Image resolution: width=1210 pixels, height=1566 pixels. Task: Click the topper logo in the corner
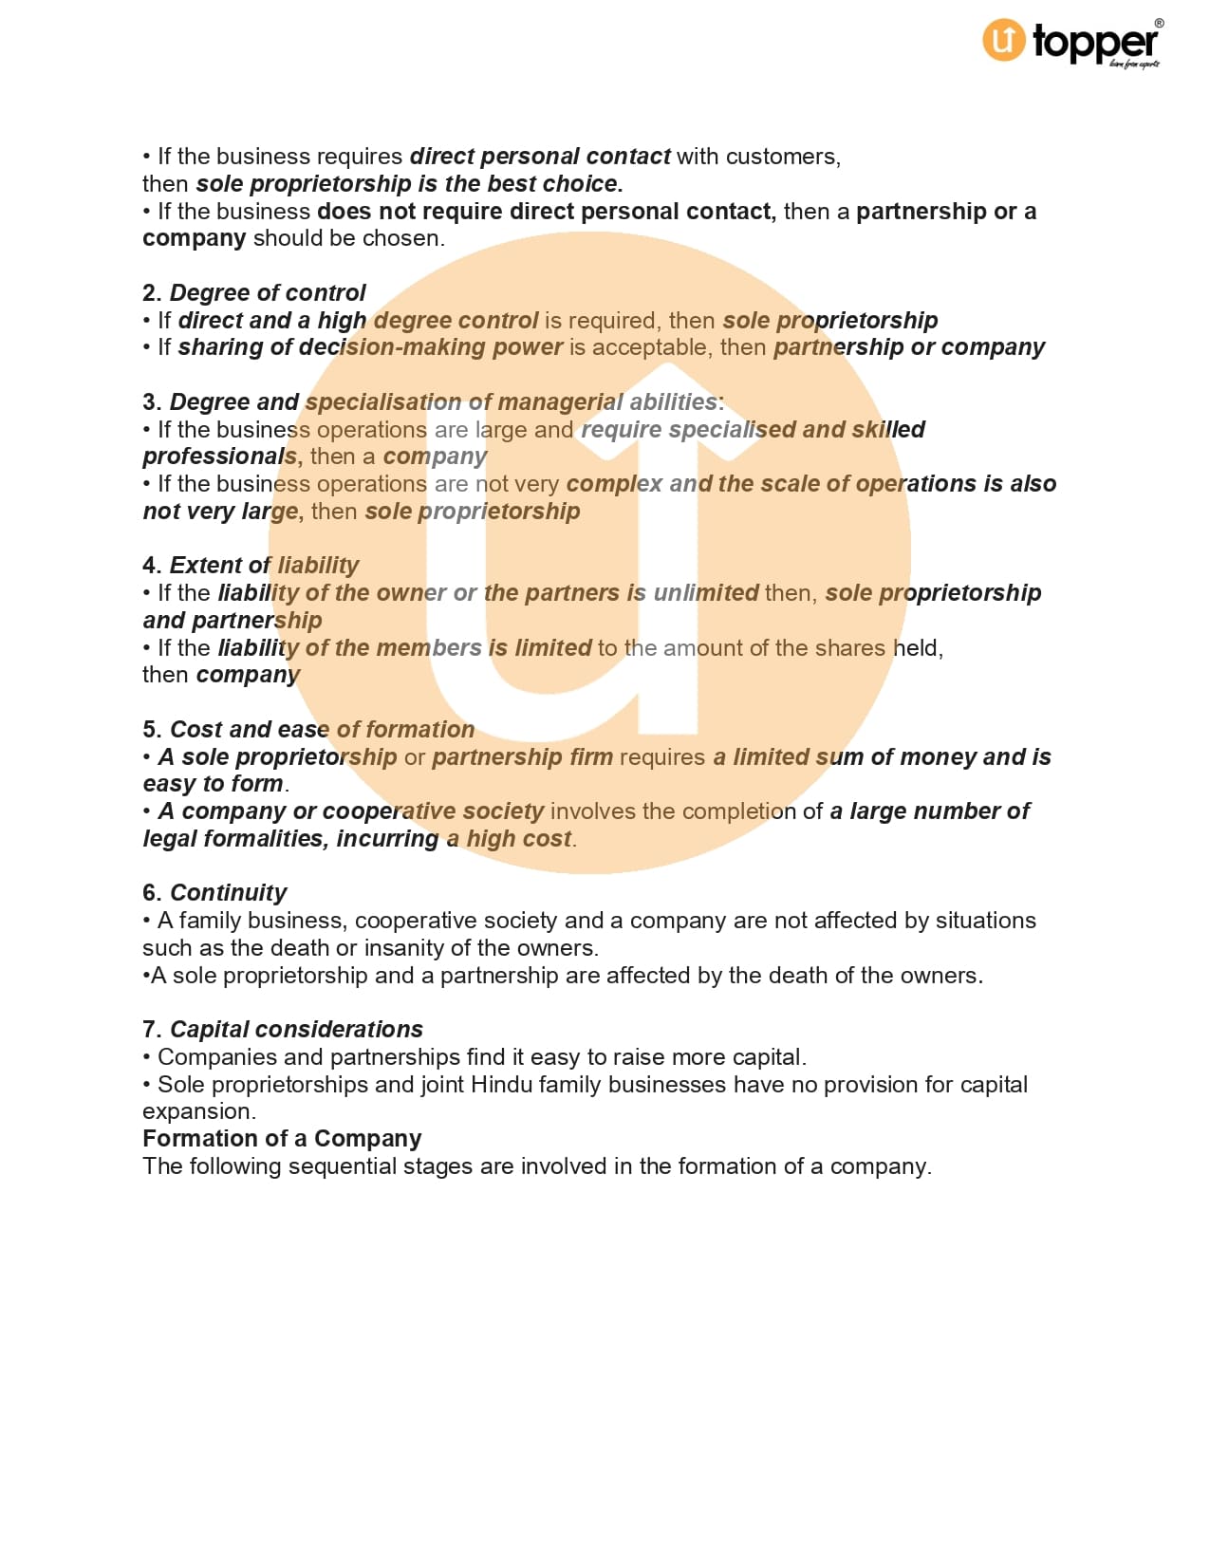pos(1070,43)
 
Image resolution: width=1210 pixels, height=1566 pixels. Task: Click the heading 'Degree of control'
pos(267,293)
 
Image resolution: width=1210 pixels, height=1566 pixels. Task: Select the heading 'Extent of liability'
pos(264,566)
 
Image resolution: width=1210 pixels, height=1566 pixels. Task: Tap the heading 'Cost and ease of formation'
pos(322,730)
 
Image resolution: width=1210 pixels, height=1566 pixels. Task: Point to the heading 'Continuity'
pos(228,893)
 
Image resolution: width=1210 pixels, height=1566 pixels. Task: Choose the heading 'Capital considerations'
pos(296,1030)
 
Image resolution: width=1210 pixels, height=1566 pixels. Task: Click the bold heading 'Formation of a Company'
pos(282,1139)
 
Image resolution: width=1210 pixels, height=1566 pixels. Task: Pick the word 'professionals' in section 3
pos(219,457)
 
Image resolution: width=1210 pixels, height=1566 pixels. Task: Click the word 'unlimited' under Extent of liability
pos(706,593)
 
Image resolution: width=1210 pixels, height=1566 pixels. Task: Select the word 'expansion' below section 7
pos(196,1111)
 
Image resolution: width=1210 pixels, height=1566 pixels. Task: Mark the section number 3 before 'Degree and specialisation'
pos(151,402)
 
